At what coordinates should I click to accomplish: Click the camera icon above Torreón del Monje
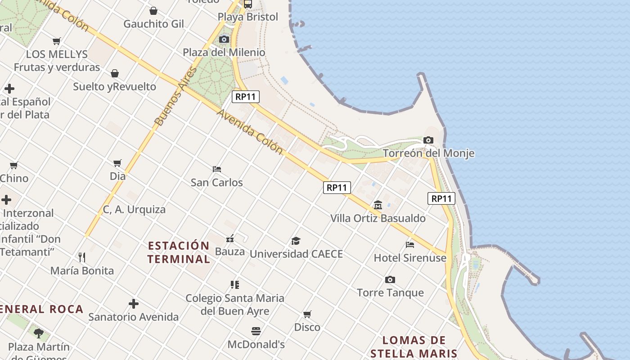click(x=428, y=140)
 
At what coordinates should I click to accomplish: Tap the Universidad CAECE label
click(x=296, y=254)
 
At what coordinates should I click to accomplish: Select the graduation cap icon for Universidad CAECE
click(x=296, y=241)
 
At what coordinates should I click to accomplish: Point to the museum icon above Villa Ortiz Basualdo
click(x=378, y=205)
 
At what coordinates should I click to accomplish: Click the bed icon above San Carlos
click(x=217, y=169)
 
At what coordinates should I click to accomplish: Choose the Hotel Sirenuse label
click(x=410, y=258)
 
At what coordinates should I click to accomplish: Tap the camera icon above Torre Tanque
click(x=390, y=279)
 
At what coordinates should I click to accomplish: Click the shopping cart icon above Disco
click(x=307, y=314)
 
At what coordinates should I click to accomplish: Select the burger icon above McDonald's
click(x=256, y=331)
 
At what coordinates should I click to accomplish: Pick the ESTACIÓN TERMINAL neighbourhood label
click(x=179, y=252)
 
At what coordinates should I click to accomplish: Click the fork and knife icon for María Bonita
click(x=82, y=257)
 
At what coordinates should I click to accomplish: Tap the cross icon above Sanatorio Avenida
click(x=134, y=304)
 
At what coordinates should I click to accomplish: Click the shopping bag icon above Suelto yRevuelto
click(x=115, y=73)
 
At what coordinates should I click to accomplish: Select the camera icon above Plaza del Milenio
click(x=224, y=39)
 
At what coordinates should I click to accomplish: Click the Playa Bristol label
click(x=248, y=17)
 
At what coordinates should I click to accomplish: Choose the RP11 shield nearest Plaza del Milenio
click(x=246, y=96)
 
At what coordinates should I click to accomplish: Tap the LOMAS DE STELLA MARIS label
click(x=414, y=346)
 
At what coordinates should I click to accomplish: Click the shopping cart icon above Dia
click(x=117, y=163)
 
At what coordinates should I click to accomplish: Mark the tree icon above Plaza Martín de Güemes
click(x=39, y=333)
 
